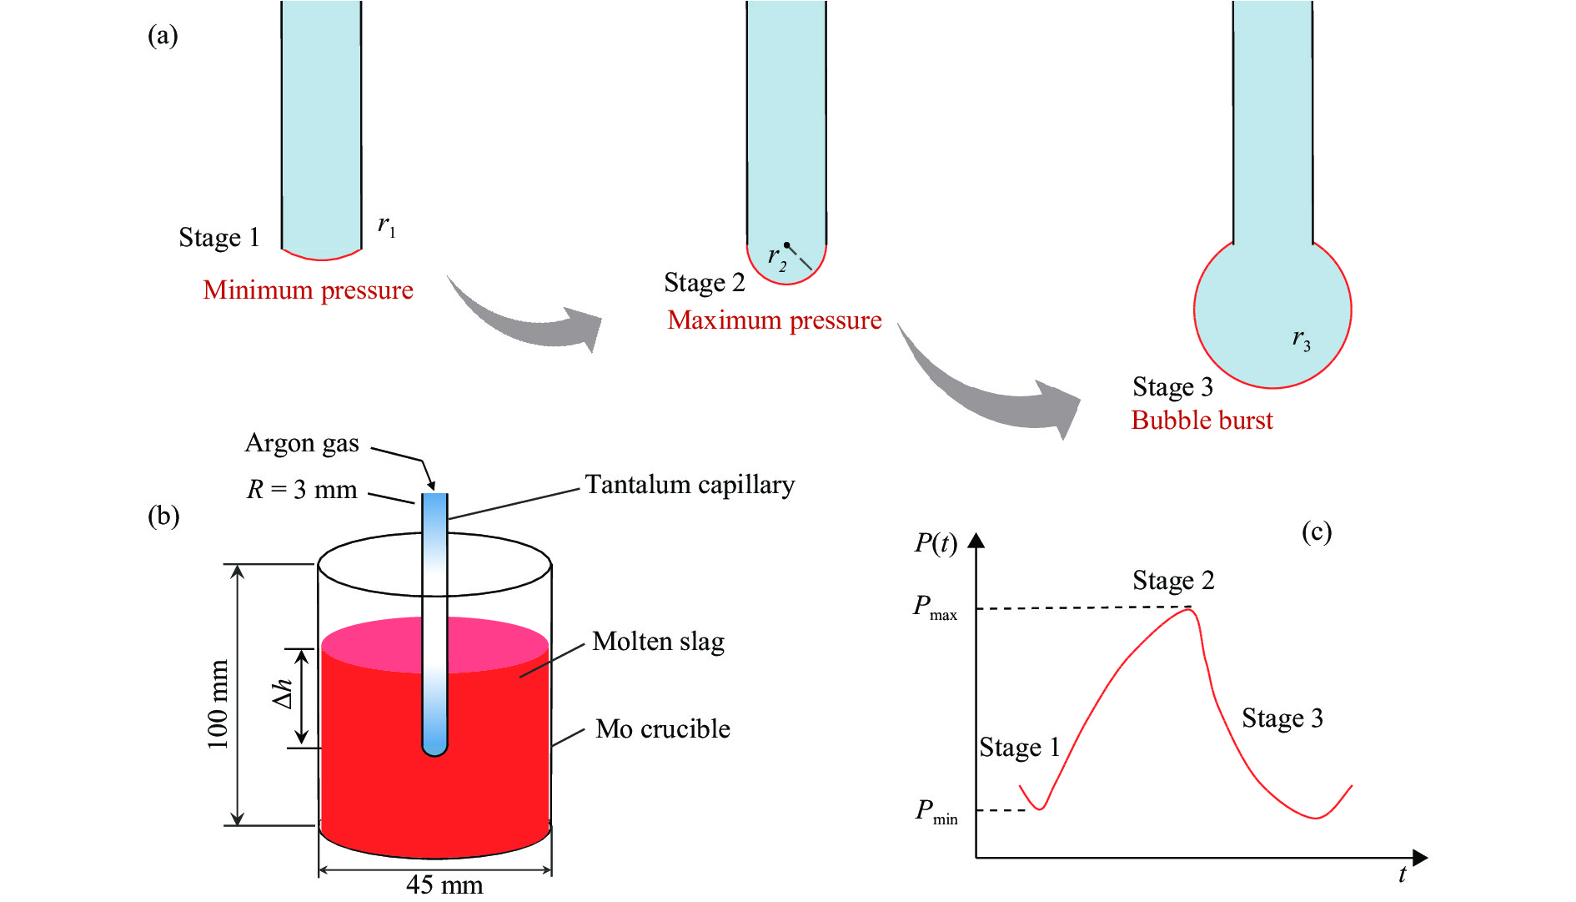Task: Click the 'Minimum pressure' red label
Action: tap(308, 290)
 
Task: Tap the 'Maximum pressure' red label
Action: tap(774, 320)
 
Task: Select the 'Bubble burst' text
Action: tap(1202, 420)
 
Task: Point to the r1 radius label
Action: tap(386, 225)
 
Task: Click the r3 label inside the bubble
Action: tap(1301, 339)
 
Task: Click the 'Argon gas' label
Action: tap(302, 443)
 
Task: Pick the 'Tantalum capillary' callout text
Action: tap(690, 485)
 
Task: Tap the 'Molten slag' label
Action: tap(658, 642)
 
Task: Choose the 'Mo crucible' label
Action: tap(663, 728)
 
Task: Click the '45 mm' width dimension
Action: tap(444, 884)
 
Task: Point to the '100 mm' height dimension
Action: tap(218, 704)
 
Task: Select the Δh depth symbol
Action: tap(284, 694)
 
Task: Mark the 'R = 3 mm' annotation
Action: tap(302, 489)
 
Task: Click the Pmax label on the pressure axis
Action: tap(935, 607)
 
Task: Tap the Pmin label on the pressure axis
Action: tap(936, 811)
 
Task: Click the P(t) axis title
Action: tap(935, 543)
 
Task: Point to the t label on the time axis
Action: tap(1402, 874)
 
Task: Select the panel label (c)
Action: tap(1316, 532)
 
